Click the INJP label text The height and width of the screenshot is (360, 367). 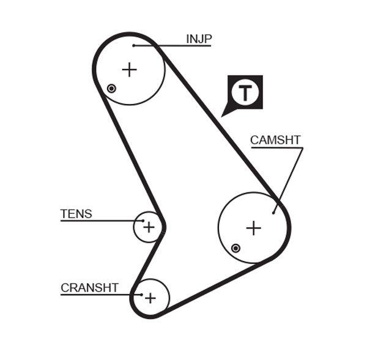click(x=199, y=39)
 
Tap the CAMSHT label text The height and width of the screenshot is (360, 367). click(x=275, y=140)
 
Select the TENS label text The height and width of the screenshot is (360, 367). click(x=76, y=214)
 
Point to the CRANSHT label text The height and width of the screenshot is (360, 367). click(x=89, y=288)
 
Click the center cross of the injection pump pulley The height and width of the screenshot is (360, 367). click(x=129, y=70)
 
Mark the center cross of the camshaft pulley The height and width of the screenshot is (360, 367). click(x=253, y=228)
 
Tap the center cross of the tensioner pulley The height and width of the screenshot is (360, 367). click(x=149, y=227)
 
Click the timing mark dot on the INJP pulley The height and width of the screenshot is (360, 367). click(x=111, y=89)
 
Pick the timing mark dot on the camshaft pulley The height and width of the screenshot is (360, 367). click(x=235, y=248)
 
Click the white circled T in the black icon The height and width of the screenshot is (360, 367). click(x=245, y=93)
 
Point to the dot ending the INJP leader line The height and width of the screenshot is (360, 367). click(x=133, y=45)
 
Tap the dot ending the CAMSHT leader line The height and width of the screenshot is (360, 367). click(x=273, y=213)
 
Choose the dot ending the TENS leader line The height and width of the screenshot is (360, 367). click(x=144, y=221)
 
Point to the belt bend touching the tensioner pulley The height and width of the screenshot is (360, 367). click(x=163, y=226)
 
